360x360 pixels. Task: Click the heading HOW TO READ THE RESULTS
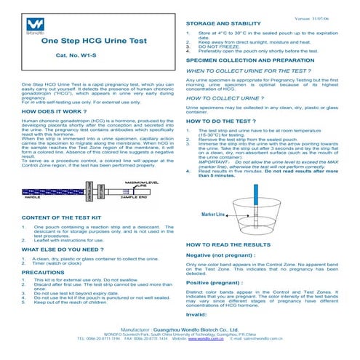(228, 246)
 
